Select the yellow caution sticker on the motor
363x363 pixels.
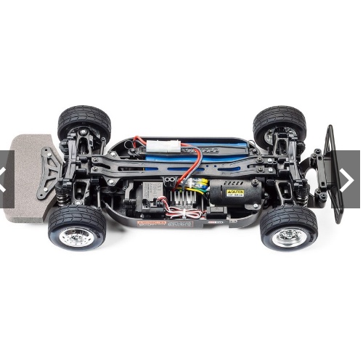234,192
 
